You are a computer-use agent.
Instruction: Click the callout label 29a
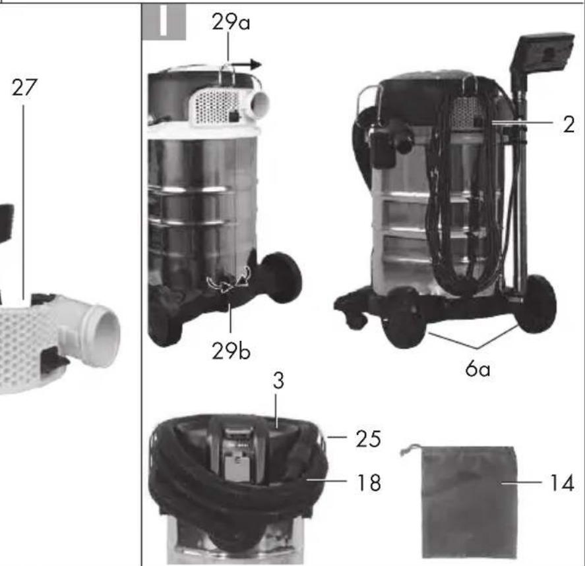tap(231, 22)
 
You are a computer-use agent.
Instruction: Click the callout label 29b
tap(231, 351)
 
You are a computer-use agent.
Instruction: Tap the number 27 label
tap(24, 88)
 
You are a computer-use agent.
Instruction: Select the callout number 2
tap(569, 125)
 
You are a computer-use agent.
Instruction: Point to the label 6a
tap(477, 368)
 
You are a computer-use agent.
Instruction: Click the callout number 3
tap(278, 381)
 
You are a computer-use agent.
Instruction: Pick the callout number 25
tap(368, 439)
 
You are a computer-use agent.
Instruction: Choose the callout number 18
tap(369, 482)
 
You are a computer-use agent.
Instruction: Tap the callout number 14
tap(562, 483)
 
